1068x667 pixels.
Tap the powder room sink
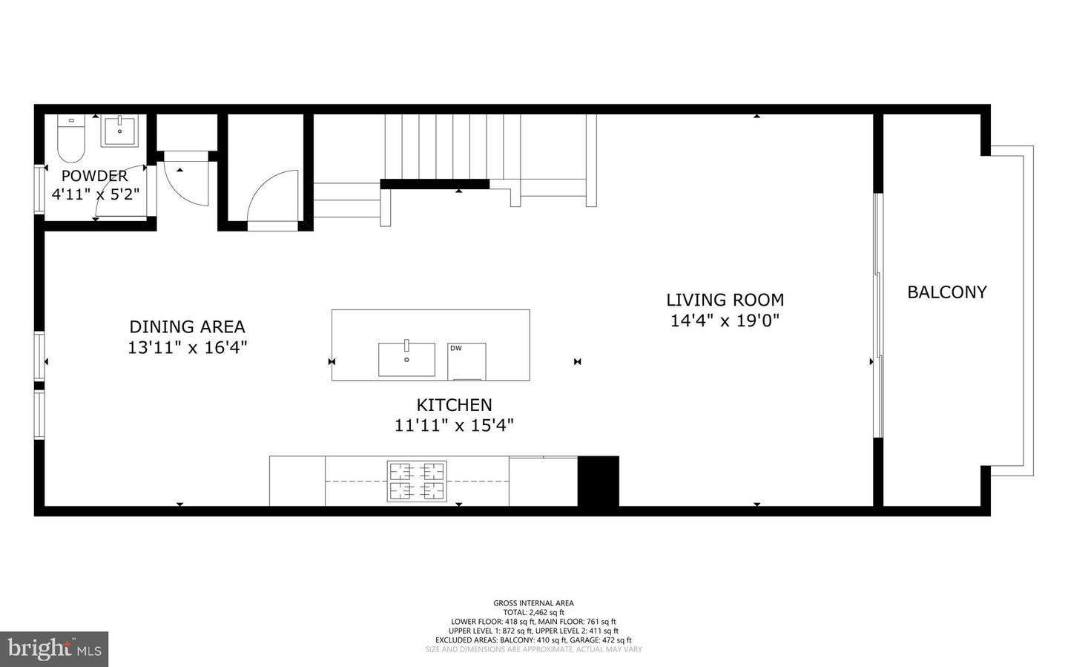(x=120, y=131)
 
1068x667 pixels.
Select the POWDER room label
(x=94, y=176)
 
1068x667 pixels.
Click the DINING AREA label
(x=187, y=326)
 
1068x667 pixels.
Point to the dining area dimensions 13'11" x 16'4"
(x=187, y=347)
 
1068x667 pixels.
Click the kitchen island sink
(x=406, y=359)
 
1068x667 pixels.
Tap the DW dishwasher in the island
(x=466, y=361)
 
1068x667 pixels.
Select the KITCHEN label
(x=454, y=405)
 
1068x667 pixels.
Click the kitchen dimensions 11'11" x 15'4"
(x=454, y=426)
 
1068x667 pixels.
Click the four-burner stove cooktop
(x=416, y=481)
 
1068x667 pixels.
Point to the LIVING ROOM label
(x=725, y=300)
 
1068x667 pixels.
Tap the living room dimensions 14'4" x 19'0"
(x=725, y=321)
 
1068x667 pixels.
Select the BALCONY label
(x=947, y=292)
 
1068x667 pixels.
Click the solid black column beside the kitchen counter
(x=598, y=481)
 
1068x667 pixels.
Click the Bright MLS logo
(x=54, y=649)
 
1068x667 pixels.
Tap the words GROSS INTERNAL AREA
(x=533, y=603)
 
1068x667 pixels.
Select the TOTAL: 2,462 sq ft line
(x=533, y=612)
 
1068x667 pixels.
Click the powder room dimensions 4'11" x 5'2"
(x=95, y=194)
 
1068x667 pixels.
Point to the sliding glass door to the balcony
(x=878, y=315)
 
